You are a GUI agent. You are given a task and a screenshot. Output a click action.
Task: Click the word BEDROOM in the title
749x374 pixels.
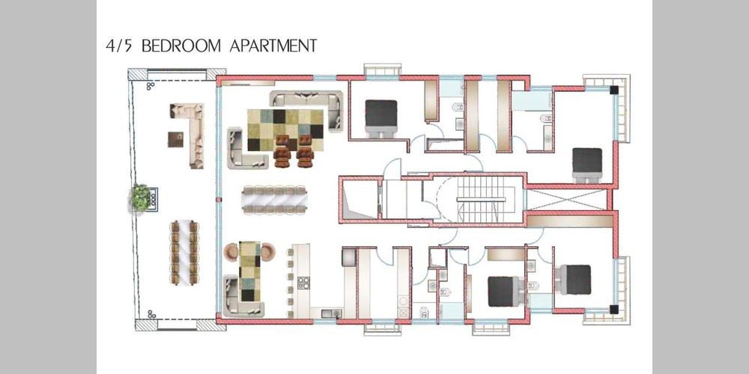coord(181,46)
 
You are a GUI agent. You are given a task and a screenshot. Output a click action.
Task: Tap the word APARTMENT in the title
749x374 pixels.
coord(273,46)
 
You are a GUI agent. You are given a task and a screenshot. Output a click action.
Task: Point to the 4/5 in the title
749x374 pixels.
coord(121,46)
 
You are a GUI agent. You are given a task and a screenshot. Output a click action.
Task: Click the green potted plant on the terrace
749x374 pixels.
coord(141,197)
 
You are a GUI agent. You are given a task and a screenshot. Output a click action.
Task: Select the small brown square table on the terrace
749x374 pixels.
coord(176,139)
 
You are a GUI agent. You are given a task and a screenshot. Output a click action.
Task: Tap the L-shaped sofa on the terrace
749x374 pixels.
coord(191,135)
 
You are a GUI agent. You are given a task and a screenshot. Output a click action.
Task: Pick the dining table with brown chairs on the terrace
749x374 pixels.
coord(184,252)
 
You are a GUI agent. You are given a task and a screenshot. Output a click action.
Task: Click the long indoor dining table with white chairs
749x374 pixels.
coord(274,200)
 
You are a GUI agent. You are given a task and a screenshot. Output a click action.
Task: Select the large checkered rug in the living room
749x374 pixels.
coord(285,129)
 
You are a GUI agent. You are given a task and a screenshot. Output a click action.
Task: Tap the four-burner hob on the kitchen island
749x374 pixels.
coord(303,283)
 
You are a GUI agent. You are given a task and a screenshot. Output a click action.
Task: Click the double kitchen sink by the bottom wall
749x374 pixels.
coord(330,313)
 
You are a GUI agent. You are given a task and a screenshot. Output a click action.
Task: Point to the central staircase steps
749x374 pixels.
coord(481,199)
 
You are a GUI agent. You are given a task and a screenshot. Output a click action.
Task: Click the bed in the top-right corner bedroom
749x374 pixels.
coord(587,165)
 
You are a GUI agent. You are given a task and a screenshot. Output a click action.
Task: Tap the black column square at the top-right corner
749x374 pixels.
coord(614,89)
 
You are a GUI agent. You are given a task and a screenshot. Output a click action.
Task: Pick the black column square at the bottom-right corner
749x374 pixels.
coord(614,309)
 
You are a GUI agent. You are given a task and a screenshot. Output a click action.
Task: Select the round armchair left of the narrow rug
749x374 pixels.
coord(231,252)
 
